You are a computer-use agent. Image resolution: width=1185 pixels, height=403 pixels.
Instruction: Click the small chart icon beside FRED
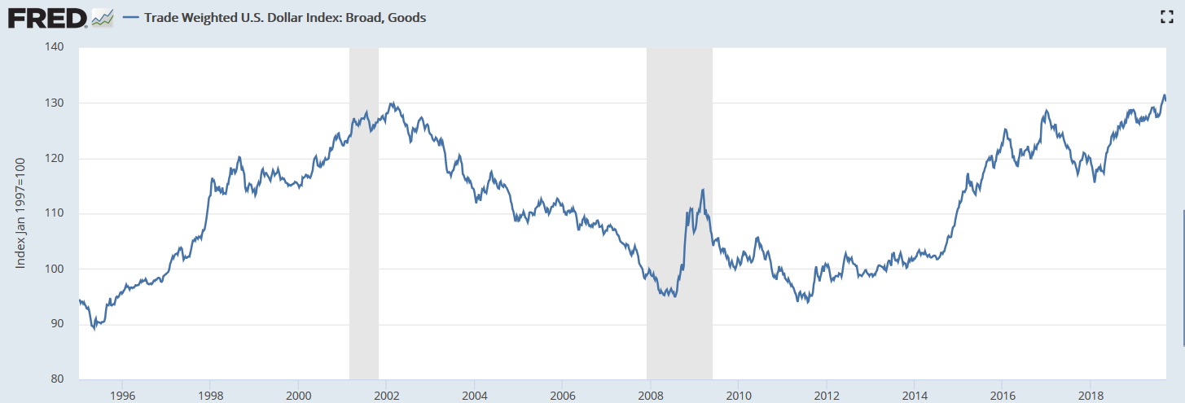click(x=103, y=17)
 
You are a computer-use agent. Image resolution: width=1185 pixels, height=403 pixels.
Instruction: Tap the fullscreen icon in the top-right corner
click(x=1165, y=17)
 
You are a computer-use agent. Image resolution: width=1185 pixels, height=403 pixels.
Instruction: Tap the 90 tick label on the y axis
click(x=56, y=324)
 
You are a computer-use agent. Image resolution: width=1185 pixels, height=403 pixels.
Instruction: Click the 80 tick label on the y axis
click(x=56, y=379)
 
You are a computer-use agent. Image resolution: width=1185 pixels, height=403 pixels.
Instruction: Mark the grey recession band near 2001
click(x=364, y=244)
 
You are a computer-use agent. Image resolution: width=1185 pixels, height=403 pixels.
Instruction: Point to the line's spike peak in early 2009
click(x=702, y=190)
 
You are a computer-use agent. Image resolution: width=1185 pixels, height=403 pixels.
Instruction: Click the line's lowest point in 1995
click(x=94, y=328)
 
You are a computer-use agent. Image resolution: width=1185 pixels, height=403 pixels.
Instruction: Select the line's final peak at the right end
click(x=1164, y=95)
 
